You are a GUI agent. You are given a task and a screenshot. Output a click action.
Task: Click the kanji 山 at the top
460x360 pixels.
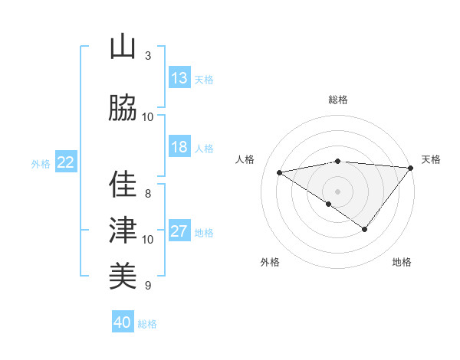(123, 47)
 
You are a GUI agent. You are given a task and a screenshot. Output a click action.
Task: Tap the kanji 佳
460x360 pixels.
(123, 185)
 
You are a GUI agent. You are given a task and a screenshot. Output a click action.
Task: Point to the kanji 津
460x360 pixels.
(123, 229)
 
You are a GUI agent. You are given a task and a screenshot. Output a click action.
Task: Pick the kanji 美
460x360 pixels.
(123, 274)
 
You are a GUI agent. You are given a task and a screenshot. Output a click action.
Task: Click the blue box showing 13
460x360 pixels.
(179, 78)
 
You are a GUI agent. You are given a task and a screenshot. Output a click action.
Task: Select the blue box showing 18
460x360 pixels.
(179, 148)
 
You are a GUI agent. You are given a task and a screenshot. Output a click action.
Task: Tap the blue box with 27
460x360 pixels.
(179, 232)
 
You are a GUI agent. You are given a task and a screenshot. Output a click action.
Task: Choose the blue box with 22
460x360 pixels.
(66, 162)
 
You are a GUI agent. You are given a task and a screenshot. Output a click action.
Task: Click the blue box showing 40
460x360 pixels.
(123, 322)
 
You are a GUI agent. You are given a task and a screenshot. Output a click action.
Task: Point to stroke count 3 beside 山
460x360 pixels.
(147, 56)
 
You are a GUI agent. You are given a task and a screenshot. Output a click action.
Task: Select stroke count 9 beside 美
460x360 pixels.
(147, 286)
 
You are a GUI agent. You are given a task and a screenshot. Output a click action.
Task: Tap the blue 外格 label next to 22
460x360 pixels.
(41, 163)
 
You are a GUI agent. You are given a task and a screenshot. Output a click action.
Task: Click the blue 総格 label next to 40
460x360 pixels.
(148, 324)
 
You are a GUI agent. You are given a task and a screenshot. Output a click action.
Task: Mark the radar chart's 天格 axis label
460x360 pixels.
(431, 159)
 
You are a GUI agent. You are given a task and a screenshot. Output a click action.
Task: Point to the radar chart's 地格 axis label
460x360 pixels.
(402, 262)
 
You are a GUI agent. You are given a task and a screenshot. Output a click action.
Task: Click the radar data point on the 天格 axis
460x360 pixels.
(410, 168)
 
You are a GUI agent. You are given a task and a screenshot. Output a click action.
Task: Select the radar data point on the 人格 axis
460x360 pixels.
(279, 172)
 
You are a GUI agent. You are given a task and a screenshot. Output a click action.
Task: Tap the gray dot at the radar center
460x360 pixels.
(337, 191)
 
